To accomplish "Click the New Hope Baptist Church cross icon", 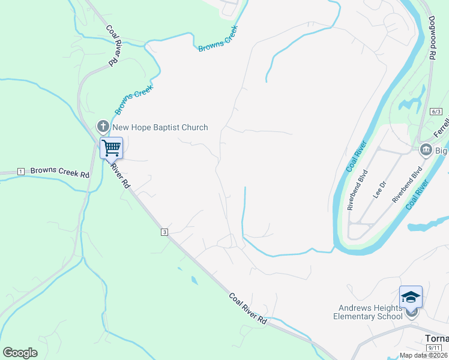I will click(x=103, y=127).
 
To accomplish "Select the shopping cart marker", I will click(x=111, y=147).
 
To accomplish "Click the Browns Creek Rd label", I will click(x=59, y=172).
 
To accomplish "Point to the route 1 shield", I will click(x=20, y=172).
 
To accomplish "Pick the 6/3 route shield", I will click(x=436, y=112).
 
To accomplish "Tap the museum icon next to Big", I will click(x=426, y=149).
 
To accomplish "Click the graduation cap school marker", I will click(x=411, y=297).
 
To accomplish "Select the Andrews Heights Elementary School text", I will click(x=367, y=312).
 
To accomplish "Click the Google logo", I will click(x=20, y=352).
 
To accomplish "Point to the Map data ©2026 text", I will click(x=423, y=355).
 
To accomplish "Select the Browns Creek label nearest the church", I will click(x=134, y=99).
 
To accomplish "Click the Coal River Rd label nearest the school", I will click(x=247, y=308).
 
